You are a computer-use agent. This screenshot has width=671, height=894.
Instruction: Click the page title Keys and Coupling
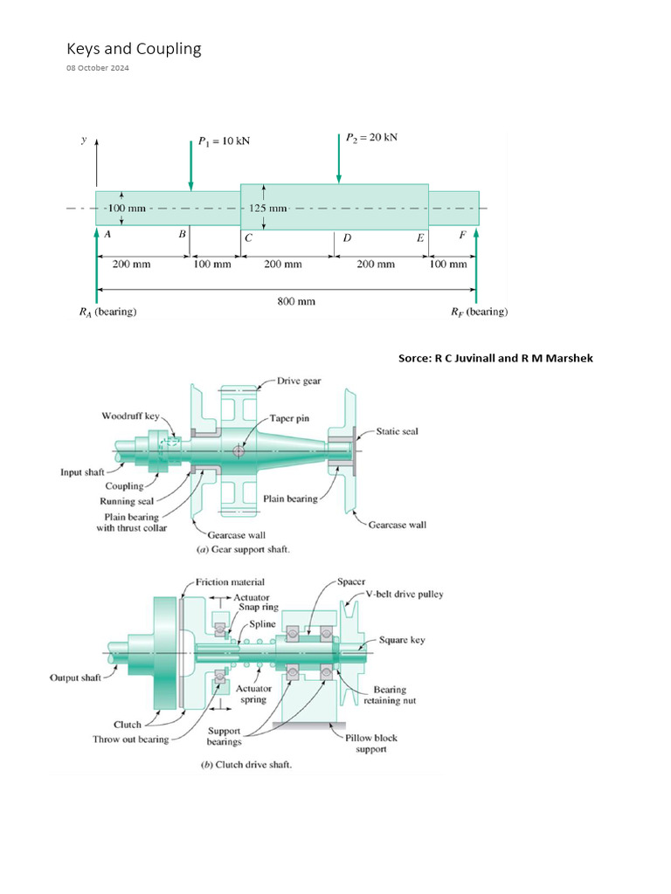coord(134,49)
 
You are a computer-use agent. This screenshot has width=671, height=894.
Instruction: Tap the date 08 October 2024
coord(97,68)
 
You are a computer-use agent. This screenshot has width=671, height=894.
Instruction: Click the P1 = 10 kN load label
coord(224,141)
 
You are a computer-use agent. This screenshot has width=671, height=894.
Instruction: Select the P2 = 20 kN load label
coord(371,137)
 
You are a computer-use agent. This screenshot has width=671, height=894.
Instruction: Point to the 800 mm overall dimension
coord(295,301)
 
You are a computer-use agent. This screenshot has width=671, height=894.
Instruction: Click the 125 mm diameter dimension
coord(268,209)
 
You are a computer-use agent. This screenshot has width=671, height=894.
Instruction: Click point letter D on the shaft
coord(347,237)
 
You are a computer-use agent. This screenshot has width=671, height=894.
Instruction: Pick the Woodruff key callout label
coord(130,416)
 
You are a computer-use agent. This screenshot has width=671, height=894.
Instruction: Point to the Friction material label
coord(230,581)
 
